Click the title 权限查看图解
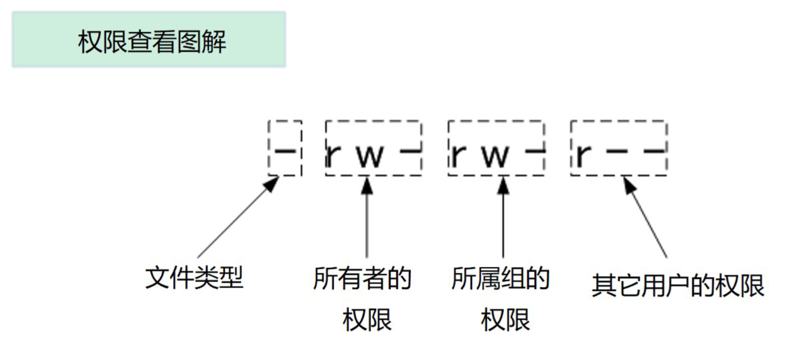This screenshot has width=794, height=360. tap(151, 41)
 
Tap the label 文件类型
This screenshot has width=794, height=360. tap(194, 277)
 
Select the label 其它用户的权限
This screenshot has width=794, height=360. tap(677, 286)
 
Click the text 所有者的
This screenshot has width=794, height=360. tap(362, 278)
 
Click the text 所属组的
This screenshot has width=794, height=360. tap(500, 278)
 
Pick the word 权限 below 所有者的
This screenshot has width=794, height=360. tap(367, 320)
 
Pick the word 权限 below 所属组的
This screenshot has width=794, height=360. tap(505, 320)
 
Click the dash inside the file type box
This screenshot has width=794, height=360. tap(285, 151)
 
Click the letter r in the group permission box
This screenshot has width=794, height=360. tap(458, 155)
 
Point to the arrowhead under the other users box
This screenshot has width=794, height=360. tap(629, 184)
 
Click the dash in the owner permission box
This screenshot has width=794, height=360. tap(410, 151)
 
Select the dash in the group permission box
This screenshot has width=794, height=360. tap(535, 151)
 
